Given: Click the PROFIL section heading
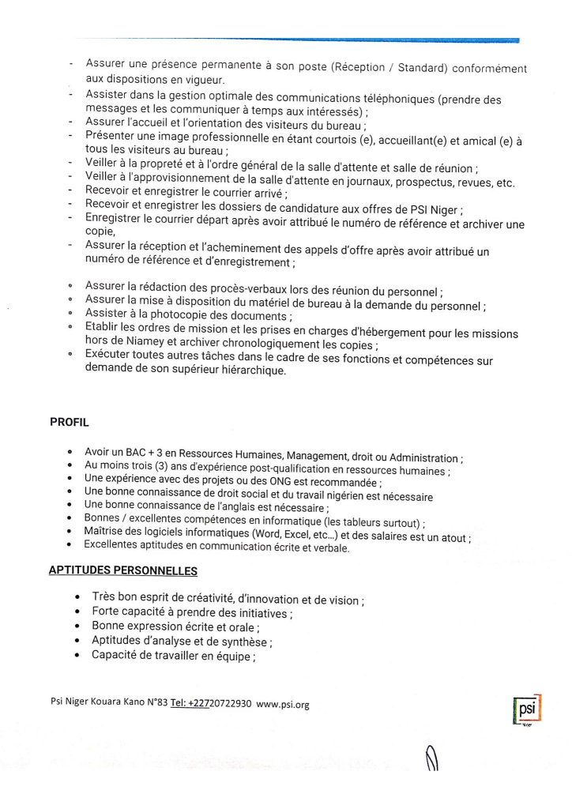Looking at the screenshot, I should pos(69,421).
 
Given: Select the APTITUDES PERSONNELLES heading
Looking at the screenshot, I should pos(123,570).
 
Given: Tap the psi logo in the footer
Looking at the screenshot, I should pos(526,710).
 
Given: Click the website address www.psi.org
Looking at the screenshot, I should pos(283,705).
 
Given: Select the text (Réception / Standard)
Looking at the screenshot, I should pos(391,68).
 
